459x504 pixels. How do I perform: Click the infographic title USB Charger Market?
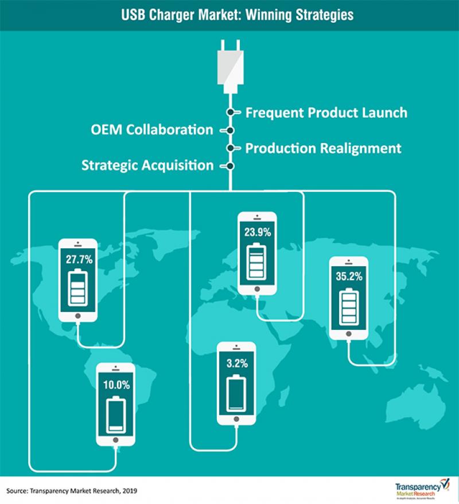229,14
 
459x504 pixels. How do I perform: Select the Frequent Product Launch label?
326,112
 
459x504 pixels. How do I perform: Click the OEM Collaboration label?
151,129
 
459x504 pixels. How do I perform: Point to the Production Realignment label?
323,148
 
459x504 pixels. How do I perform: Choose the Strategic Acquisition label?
147,166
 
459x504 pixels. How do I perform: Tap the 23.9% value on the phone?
258,233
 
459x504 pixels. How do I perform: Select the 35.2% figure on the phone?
349,276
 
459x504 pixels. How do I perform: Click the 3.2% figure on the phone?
236,363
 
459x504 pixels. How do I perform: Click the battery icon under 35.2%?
349,308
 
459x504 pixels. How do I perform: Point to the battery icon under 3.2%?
236,394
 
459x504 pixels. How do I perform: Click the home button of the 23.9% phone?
258,288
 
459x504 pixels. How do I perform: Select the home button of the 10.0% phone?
116,440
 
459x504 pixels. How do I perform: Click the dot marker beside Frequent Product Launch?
230,112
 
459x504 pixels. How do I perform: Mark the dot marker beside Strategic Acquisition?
230,166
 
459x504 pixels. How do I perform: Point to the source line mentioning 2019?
72,491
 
